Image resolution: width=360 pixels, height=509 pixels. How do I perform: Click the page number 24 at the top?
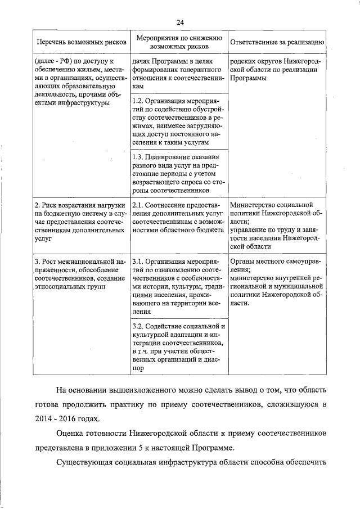click(180, 22)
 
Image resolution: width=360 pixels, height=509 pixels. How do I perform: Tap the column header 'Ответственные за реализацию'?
click(276, 42)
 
